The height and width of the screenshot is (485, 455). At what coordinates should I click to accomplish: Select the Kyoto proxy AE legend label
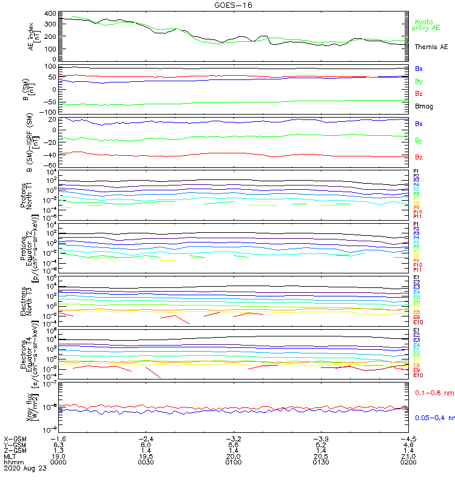426,25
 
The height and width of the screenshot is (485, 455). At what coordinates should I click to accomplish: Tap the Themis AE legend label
431,47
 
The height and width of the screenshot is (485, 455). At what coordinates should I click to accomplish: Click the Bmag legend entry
423,106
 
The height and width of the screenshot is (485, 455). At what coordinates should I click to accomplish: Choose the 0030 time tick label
146,461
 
